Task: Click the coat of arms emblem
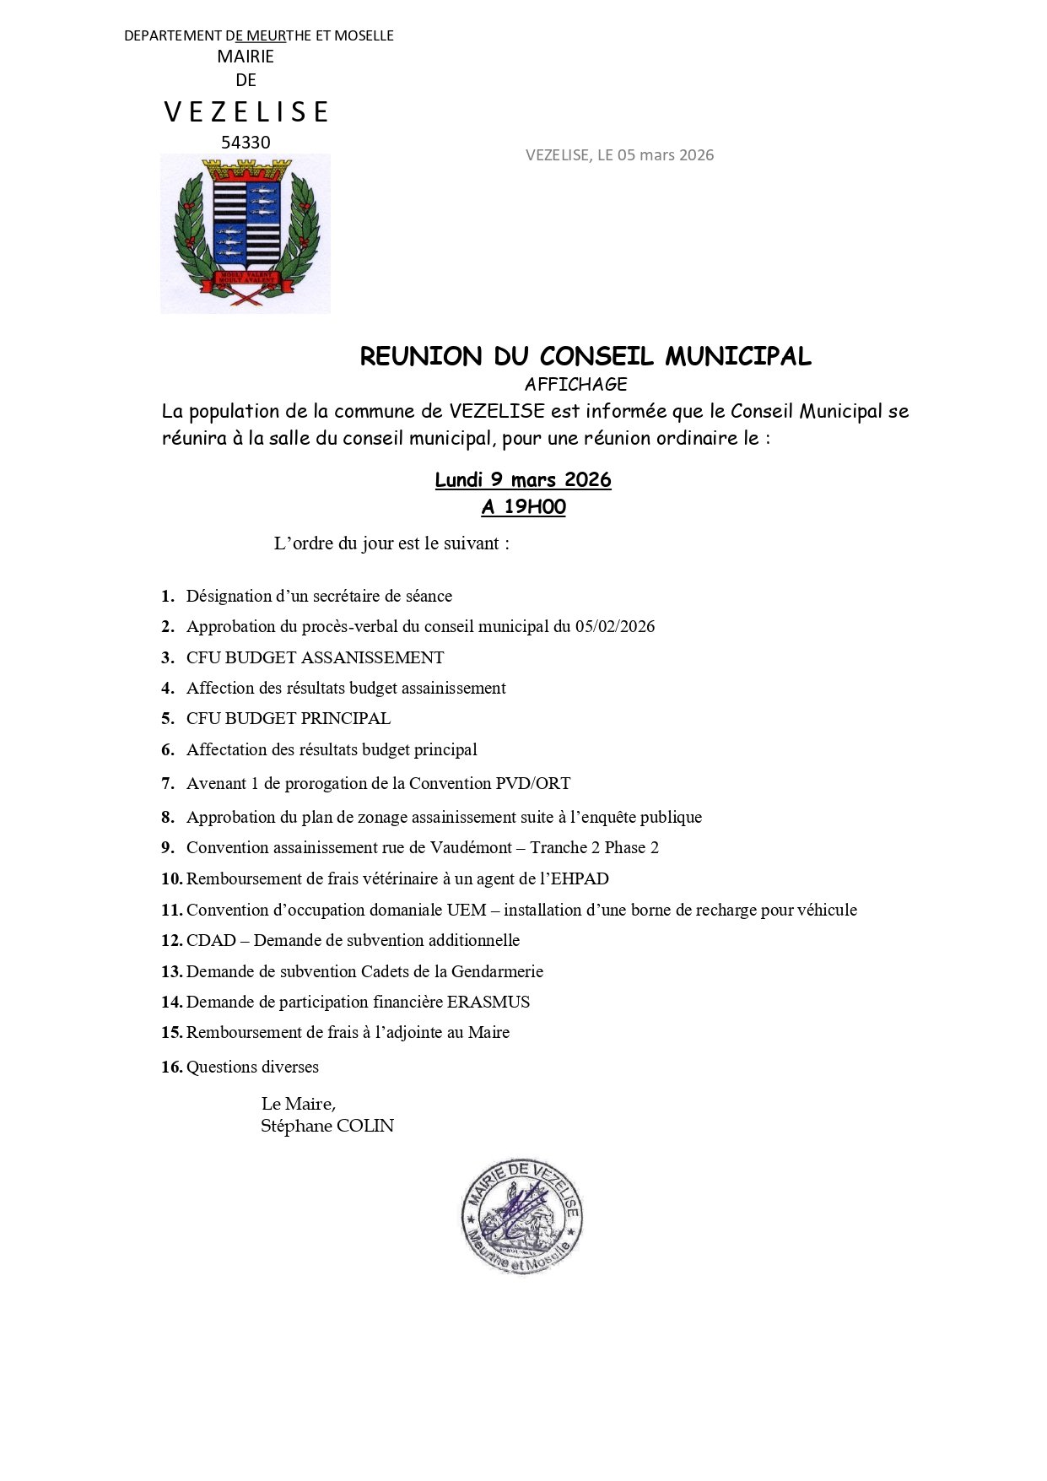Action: [245, 232]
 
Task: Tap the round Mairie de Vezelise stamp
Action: [522, 1215]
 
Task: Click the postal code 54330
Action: [246, 143]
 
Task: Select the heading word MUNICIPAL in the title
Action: [738, 356]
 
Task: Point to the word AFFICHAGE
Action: [575, 385]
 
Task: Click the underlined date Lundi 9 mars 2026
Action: [523, 480]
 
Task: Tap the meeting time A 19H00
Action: [523, 507]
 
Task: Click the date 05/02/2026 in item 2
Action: [615, 627]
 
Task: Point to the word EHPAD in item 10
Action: [580, 879]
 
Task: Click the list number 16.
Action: [171, 1068]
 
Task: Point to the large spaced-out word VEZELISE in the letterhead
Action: [246, 111]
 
